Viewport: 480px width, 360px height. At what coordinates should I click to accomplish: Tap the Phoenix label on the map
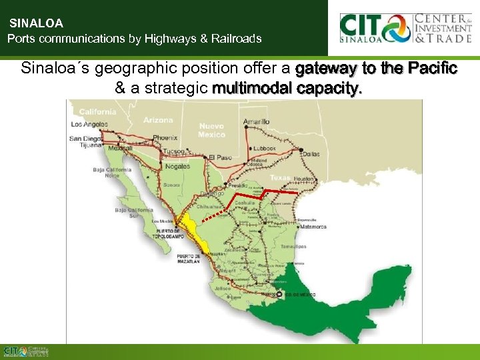click(x=165, y=137)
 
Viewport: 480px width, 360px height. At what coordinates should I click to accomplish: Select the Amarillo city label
click(x=257, y=122)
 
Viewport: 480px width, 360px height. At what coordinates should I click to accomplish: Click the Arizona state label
click(x=157, y=121)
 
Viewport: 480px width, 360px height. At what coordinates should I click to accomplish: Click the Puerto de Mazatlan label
click(x=188, y=259)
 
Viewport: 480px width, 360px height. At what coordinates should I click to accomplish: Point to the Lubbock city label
click(x=265, y=148)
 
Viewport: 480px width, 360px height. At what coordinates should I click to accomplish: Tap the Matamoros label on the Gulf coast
click(x=312, y=227)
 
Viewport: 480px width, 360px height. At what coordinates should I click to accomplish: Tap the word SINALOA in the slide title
click(x=35, y=23)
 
